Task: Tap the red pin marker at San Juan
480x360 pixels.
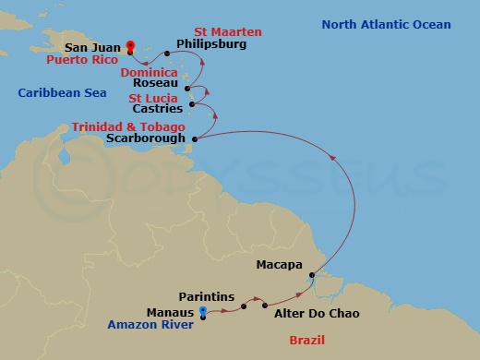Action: (130, 43)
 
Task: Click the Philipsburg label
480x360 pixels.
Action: (210, 43)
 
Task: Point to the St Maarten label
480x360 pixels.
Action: (226, 32)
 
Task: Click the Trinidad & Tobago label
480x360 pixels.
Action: (129, 126)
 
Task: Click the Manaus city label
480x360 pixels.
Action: (170, 312)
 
